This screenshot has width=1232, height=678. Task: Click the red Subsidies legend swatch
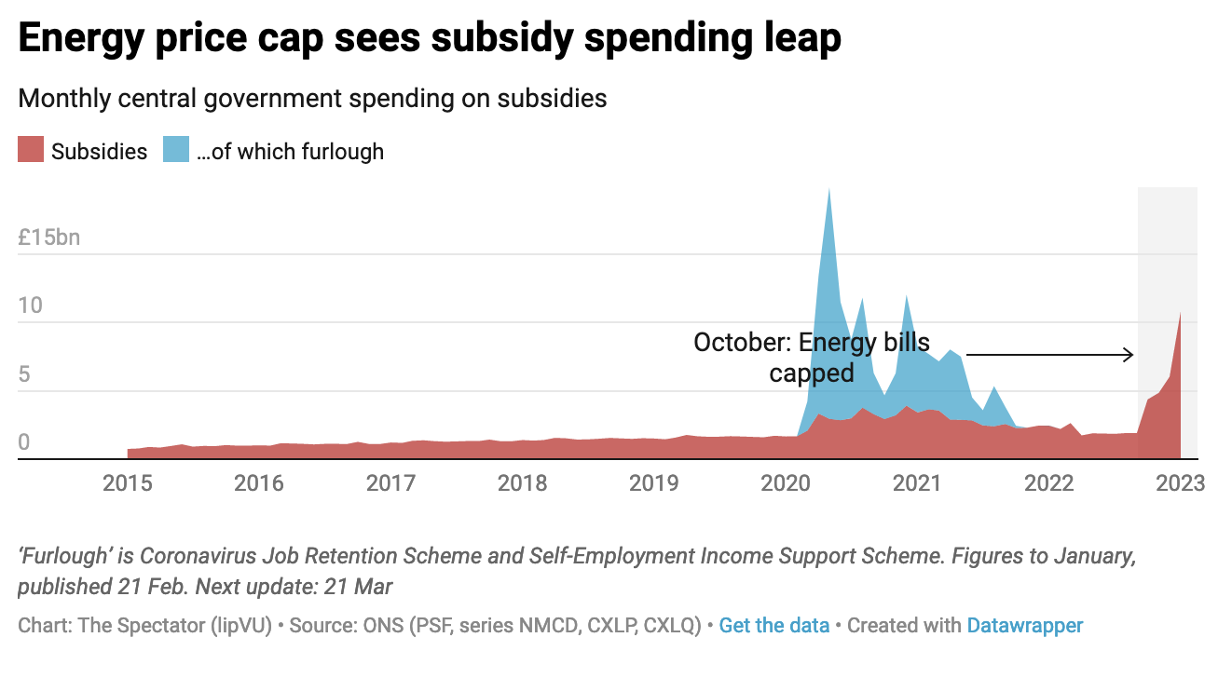tap(31, 150)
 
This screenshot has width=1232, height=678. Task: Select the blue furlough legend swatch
tap(176, 150)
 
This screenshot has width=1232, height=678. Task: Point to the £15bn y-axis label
tap(49, 237)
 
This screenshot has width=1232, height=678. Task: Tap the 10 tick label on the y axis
tap(31, 305)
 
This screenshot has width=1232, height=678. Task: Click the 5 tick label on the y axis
tap(25, 374)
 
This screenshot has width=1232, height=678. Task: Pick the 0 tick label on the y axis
tap(25, 442)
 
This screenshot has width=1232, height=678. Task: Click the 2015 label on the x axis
tap(128, 483)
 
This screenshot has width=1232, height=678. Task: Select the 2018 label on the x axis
tap(522, 483)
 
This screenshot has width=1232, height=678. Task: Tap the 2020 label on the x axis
tap(786, 483)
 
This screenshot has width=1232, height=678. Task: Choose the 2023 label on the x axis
tap(1181, 483)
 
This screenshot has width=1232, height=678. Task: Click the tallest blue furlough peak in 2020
tap(828, 191)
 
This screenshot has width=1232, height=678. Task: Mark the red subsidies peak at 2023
tap(1181, 314)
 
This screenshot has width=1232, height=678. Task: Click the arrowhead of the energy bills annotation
tap(1129, 355)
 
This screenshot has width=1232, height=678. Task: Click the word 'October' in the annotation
tap(737, 342)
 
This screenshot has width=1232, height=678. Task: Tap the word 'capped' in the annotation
tap(811, 373)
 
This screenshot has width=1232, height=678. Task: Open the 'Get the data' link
tap(773, 626)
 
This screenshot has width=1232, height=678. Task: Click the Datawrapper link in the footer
tap(1024, 626)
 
